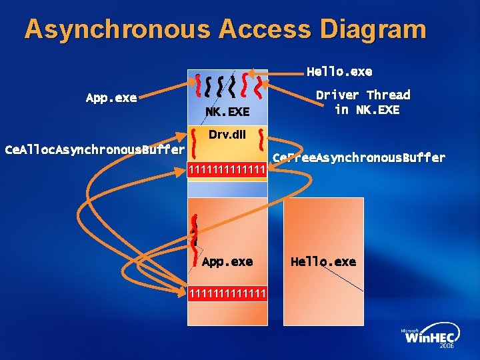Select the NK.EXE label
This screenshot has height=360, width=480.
click(227, 111)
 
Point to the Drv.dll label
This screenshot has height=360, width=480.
click(227, 135)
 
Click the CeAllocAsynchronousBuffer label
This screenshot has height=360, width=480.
click(94, 149)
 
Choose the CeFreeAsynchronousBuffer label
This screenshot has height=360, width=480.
click(359, 158)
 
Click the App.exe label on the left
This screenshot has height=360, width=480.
click(111, 98)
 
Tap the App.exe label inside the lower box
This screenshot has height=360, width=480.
click(227, 261)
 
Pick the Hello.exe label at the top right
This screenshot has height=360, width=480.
click(339, 71)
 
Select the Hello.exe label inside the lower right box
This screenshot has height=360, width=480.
click(323, 261)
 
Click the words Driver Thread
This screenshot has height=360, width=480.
click(363, 95)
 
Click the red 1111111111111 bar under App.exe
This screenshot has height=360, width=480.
click(227, 293)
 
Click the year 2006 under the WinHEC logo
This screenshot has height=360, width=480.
click(447, 347)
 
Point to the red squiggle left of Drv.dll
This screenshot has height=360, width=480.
click(193, 142)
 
